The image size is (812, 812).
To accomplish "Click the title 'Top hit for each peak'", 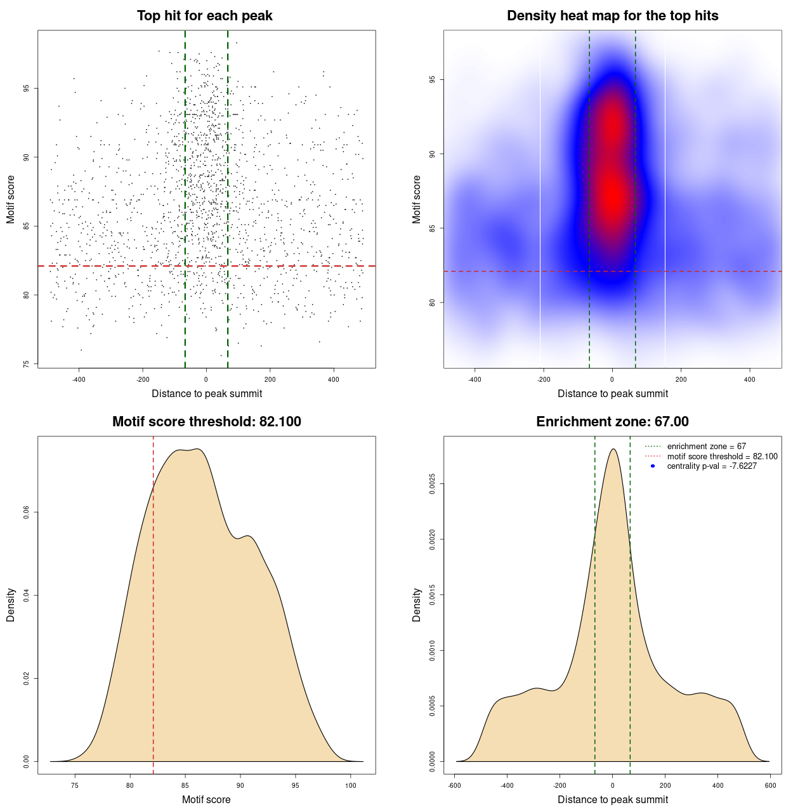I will coord(204,16).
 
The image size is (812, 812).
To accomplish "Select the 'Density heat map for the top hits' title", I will coord(612,16).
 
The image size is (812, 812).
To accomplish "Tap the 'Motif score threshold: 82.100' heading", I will coord(206,422).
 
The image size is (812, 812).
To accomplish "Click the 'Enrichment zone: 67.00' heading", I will coord(612,422).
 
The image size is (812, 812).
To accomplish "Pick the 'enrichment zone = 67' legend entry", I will coord(706,447).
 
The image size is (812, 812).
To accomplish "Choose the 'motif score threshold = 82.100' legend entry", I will coord(722,456).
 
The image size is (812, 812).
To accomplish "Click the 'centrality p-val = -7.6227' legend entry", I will coord(712,466).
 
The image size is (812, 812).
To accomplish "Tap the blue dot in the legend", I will coord(653,466).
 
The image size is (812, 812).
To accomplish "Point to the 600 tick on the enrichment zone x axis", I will coord(770,785).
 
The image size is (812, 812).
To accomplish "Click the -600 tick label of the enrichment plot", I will coord(454,785).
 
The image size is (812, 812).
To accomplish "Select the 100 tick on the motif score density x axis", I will coord(351,785).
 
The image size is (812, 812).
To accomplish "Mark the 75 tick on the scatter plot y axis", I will coord(26,364).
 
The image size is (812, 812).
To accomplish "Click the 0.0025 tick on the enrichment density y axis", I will coord(433,484).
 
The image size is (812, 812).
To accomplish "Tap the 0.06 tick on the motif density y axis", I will coord(26,512).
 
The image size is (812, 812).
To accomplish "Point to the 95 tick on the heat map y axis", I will coord(433,79).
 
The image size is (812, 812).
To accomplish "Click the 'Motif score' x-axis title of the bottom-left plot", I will coord(206,799).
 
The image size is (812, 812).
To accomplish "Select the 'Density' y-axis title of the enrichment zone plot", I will coord(417,605).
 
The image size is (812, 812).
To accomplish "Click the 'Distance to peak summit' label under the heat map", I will coord(612,393).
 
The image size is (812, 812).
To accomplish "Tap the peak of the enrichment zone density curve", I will coord(613,449).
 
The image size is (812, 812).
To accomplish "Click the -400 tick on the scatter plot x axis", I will coord(79,379).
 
